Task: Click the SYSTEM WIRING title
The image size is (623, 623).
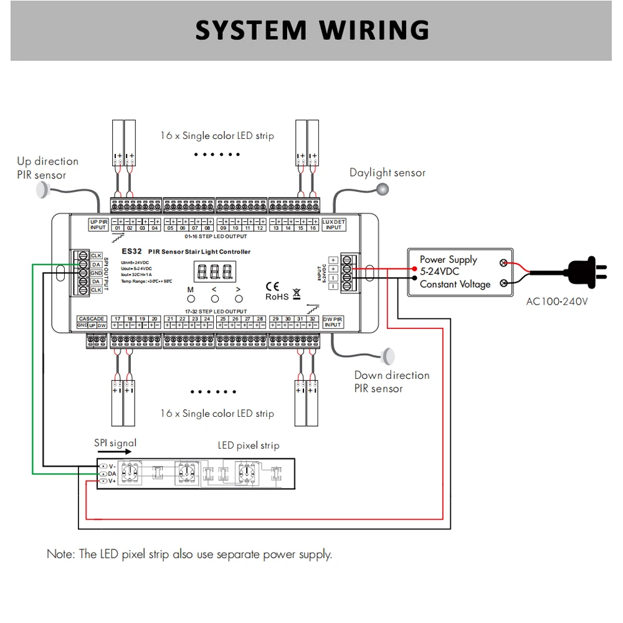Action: [312, 31]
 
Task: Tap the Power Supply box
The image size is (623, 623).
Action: [460, 272]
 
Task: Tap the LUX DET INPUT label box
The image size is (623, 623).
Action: [334, 224]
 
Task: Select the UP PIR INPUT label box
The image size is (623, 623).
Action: [98, 224]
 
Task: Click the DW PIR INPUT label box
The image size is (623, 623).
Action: [333, 321]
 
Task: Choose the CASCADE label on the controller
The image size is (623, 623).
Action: [92, 318]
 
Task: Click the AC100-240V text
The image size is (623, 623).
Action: [557, 302]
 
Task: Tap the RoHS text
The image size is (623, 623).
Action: [277, 297]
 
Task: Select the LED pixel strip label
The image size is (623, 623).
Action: [248, 445]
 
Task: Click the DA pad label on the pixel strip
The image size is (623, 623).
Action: [112, 473]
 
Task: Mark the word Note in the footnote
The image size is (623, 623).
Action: [60, 554]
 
